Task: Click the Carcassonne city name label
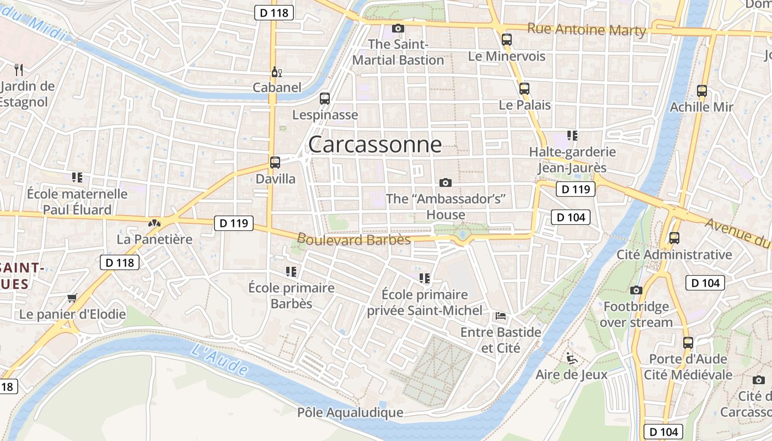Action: [375, 144]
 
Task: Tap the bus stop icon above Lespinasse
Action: [325, 99]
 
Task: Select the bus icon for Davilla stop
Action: [275, 163]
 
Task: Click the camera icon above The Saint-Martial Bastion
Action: [398, 28]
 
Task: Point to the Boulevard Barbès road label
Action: [354, 239]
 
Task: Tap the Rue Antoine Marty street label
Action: [586, 29]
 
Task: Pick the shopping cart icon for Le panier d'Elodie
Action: [72, 298]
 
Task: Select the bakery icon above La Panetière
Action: [154, 223]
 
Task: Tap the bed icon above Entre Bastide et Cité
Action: [501, 316]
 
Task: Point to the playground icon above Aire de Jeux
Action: [572, 358]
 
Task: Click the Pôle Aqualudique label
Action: [350, 412]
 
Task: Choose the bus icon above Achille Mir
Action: [702, 90]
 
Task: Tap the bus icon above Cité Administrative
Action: [674, 238]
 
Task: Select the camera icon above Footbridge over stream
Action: [636, 290]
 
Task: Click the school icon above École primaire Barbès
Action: [291, 271]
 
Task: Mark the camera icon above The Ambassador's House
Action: [446, 182]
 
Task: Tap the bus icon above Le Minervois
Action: [507, 40]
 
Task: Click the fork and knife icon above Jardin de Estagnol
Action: [19, 69]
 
